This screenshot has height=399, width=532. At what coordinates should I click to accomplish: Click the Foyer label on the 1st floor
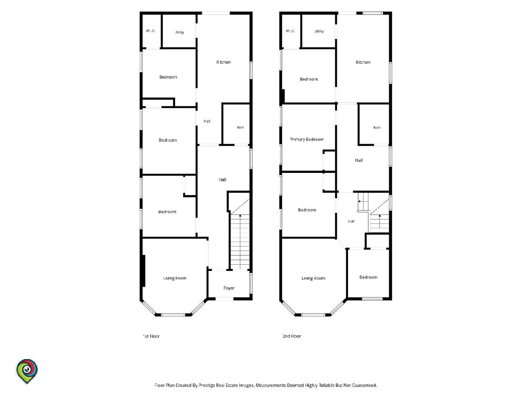(229, 288)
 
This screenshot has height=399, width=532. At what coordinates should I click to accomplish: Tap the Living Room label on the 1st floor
(175, 278)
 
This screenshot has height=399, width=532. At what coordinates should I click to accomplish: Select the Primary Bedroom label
(307, 139)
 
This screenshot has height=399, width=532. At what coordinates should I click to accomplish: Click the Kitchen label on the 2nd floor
(363, 62)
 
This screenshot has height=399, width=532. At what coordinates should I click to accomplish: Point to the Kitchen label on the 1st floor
(223, 62)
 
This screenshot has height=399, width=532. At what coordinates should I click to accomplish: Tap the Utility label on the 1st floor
(180, 32)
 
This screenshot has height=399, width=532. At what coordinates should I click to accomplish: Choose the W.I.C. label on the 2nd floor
(290, 31)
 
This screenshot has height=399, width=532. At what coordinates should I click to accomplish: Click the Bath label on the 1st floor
(240, 127)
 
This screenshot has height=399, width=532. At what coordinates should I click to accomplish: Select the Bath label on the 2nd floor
(377, 128)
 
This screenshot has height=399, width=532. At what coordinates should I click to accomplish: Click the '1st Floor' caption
(151, 336)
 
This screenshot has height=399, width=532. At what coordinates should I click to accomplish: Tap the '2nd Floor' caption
(292, 336)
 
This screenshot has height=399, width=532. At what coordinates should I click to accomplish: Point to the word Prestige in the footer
(207, 385)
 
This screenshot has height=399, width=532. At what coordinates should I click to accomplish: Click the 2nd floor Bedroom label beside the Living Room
(368, 277)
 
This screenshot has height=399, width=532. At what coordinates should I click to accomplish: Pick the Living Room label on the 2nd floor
(313, 278)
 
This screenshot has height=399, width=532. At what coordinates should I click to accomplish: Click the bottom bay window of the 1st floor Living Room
(173, 315)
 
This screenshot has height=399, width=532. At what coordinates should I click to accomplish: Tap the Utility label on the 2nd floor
(319, 31)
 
